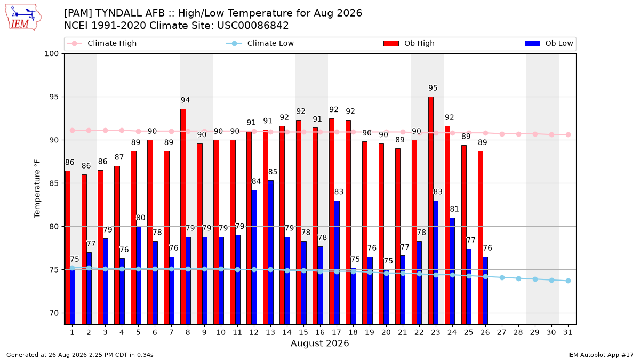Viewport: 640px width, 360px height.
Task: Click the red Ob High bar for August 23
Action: tap(431, 211)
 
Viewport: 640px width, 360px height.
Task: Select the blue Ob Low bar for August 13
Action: tap(270, 253)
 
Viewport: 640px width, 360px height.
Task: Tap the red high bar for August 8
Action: tap(183, 217)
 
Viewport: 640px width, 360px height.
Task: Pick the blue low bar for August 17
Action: tap(337, 262)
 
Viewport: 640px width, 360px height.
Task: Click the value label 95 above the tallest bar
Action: tap(433, 88)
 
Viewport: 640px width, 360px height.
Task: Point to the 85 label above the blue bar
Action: tap(273, 172)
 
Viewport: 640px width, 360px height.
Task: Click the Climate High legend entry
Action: tap(101, 43)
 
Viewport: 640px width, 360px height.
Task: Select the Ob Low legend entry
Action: tap(549, 43)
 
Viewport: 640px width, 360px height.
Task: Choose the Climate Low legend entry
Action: tap(260, 43)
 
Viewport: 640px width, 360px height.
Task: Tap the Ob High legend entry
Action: tap(409, 43)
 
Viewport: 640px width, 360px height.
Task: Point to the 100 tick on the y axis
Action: tap(51, 54)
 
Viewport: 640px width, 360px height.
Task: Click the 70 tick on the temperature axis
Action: tap(54, 313)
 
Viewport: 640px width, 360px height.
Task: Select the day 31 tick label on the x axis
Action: tap(567, 332)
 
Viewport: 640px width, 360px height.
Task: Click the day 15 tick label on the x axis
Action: tap(303, 332)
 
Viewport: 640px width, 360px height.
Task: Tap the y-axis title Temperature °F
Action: tap(37, 189)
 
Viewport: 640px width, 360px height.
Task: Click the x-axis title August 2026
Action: tap(319, 343)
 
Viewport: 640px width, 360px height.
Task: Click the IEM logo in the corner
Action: tap(23, 18)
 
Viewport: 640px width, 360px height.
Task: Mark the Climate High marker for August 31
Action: tap(569, 134)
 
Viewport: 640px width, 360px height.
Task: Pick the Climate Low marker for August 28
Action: tap(518, 278)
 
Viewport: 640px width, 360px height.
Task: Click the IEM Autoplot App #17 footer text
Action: tap(601, 355)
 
